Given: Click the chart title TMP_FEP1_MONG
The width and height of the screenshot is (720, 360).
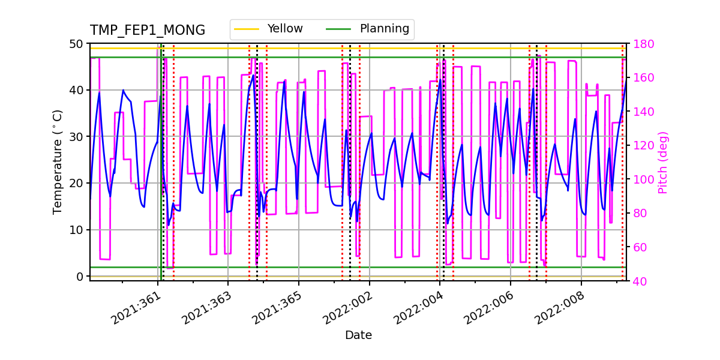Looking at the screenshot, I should tap(148, 31).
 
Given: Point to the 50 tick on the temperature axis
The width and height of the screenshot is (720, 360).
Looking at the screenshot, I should tap(77, 44).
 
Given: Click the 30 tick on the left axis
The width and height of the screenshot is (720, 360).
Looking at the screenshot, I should tap(77, 137).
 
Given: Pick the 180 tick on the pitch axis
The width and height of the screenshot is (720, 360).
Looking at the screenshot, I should tap(641, 44).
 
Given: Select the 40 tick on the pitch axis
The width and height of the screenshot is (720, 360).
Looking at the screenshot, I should tap(638, 281).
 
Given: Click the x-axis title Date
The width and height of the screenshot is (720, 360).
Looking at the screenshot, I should tap(358, 335).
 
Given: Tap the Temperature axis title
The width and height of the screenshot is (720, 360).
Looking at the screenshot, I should tap(58, 162).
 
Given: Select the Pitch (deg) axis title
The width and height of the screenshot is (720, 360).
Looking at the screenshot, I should tap(663, 162).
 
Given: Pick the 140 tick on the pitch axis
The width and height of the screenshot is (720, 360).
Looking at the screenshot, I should tap(641, 112).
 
